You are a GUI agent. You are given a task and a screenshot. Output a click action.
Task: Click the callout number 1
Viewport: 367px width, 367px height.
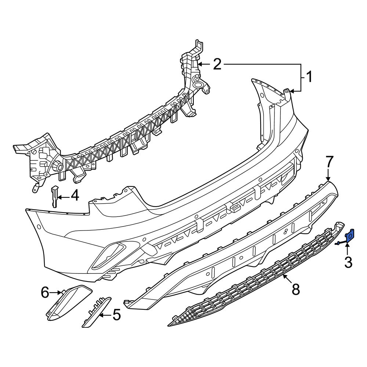pos(309,77)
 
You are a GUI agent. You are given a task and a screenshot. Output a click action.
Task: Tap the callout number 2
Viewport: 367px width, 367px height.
pos(217,64)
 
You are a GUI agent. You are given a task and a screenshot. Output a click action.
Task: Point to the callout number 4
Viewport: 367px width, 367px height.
pos(75,196)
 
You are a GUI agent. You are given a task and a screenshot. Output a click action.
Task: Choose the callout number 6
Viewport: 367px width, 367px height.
pos(45,292)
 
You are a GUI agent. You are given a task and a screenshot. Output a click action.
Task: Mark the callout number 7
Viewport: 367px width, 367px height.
pos(328,162)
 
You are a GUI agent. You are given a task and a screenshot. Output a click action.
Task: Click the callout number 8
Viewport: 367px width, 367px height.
pos(296,289)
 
